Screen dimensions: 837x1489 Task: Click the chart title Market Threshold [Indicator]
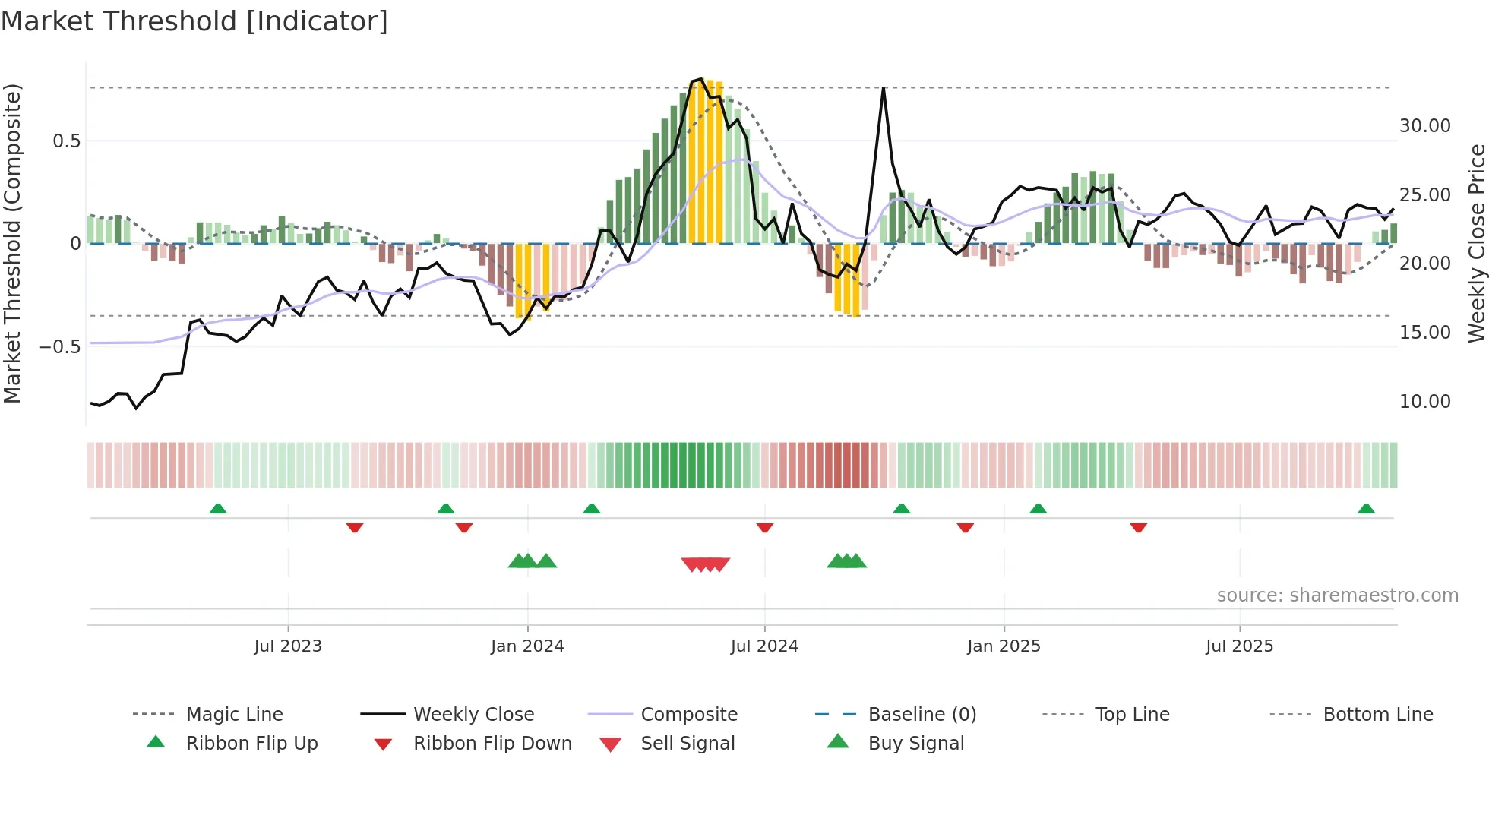[x=194, y=21]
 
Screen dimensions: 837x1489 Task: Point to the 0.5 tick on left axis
[x=66, y=141]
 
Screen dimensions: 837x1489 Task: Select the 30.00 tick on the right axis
[x=1424, y=126]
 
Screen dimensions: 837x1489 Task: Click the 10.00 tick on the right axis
[x=1424, y=402]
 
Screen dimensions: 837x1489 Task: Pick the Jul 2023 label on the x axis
[x=288, y=646]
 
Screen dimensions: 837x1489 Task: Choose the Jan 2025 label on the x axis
[x=1004, y=646]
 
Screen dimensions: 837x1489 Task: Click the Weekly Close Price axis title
[x=1476, y=243]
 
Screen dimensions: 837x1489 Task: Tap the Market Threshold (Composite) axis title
[x=12, y=243]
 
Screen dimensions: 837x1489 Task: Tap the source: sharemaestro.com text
[x=1337, y=595]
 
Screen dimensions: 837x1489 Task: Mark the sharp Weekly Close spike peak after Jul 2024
[x=884, y=89]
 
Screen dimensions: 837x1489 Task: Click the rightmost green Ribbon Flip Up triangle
[x=1366, y=509]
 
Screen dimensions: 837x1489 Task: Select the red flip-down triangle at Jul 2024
[x=765, y=527]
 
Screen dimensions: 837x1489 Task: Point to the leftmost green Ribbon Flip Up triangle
[x=218, y=509]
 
